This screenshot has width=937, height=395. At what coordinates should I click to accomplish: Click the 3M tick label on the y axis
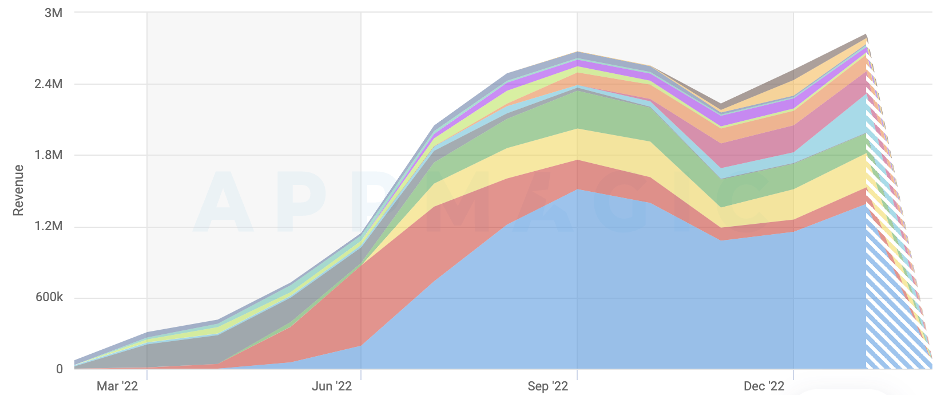(53, 13)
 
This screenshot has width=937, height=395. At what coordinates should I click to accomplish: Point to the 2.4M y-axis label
(48, 84)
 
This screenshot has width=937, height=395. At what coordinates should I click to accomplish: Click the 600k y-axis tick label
(49, 297)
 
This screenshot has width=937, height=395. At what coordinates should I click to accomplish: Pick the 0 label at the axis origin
(59, 369)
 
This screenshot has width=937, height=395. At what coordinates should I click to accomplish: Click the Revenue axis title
(18, 191)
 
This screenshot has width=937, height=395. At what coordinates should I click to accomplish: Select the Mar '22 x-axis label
(117, 386)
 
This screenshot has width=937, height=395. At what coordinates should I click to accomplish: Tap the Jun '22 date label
(332, 386)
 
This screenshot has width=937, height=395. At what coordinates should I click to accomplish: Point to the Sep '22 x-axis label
(547, 386)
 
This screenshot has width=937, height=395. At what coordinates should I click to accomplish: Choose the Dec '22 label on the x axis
(764, 386)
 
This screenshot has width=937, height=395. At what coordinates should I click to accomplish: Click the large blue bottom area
(572, 286)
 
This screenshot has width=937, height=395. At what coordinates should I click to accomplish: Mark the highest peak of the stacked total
(866, 35)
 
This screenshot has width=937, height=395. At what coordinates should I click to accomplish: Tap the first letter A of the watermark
(223, 203)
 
